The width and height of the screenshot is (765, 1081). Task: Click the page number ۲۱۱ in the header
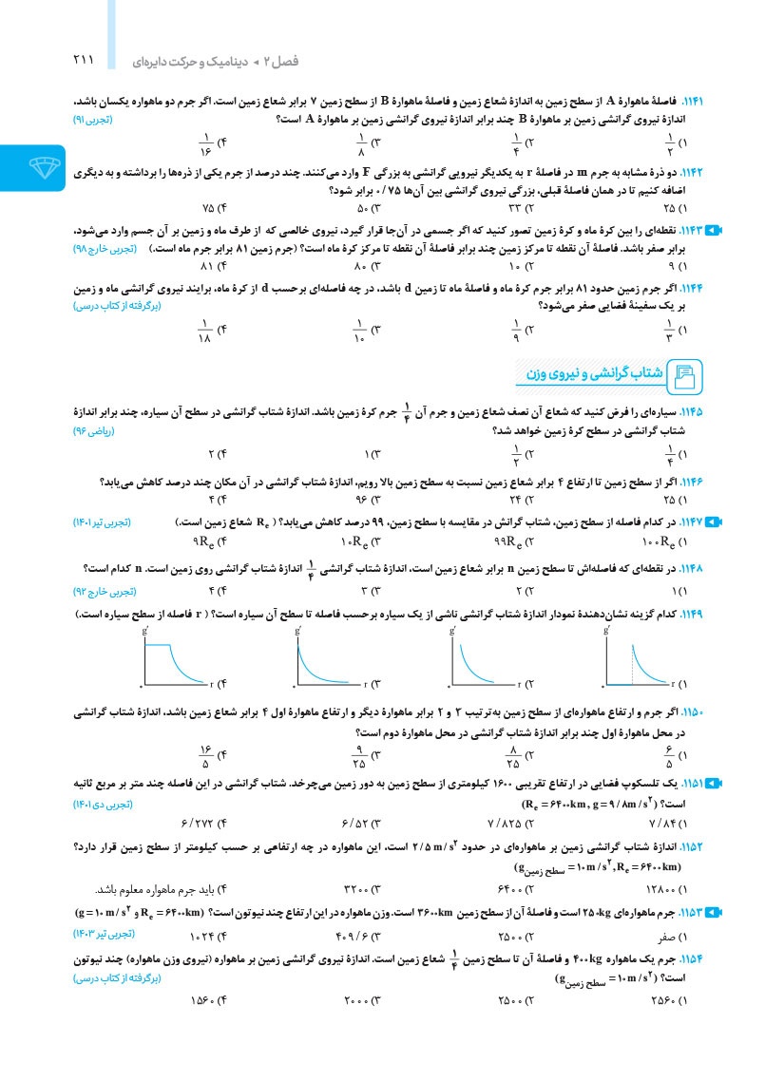tap(84, 60)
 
